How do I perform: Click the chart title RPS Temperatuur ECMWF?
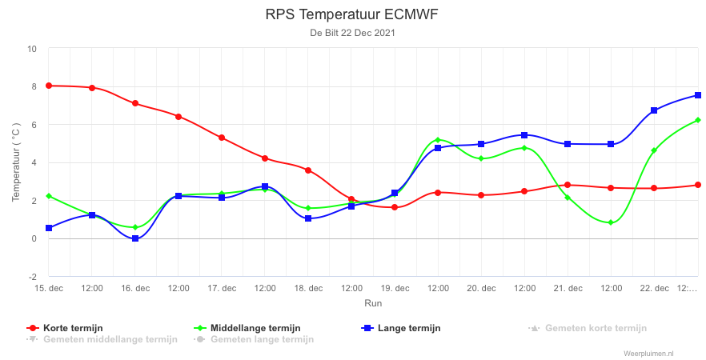click(351, 14)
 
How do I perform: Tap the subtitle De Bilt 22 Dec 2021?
click(352, 33)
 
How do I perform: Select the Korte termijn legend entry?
click(65, 328)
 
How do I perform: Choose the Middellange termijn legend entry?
click(247, 328)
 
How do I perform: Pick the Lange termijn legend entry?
click(401, 328)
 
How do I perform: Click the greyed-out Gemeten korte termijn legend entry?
click(588, 328)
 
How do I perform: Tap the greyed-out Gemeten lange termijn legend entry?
click(254, 339)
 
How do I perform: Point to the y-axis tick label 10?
click(32, 49)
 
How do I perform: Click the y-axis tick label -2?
click(33, 276)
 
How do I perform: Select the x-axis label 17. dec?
click(222, 289)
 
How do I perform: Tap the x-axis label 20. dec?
click(481, 289)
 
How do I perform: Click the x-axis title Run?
click(373, 303)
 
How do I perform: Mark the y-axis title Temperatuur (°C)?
click(16, 162)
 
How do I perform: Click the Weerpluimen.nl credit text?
click(649, 354)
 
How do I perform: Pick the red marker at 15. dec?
click(49, 86)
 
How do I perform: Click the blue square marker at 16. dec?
click(135, 238)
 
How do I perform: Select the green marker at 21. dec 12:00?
click(611, 222)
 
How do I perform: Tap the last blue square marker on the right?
click(698, 95)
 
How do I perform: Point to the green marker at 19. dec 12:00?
click(438, 140)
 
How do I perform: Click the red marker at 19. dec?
click(395, 207)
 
